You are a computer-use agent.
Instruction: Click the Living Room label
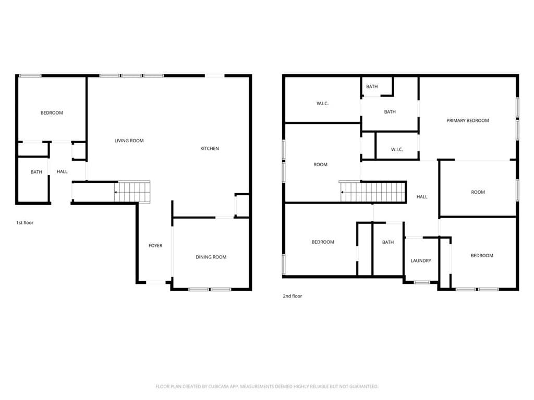[x=129, y=141]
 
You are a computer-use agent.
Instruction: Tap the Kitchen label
[x=210, y=148]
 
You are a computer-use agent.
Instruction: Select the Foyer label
[x=155, y=246]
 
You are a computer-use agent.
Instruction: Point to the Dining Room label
[x=211, y=257]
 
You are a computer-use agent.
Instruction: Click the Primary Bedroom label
[x=468, y=120]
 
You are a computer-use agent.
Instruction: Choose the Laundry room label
[x=421, y=260]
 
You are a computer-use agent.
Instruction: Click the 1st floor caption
[x=25, y=223]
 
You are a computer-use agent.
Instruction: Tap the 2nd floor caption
[x=292, y=296]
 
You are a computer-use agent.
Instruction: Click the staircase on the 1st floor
[x=132, y=192]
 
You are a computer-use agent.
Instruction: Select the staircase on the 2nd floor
[x=373, y=192]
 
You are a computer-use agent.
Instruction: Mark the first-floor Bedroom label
[x=52, y=113]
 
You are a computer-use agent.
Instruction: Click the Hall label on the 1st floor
[x=62, y=172]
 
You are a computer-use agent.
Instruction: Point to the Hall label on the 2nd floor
[x=421, y=196]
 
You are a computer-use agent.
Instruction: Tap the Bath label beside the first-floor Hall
[x=37, y=172]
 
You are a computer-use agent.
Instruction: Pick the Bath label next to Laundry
[x=388, y=242]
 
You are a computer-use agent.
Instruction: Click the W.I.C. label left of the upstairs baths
[x=322, y=104]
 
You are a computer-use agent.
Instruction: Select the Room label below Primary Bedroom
[x=478, y=192]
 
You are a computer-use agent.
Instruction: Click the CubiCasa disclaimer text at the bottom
[x=266, y=386]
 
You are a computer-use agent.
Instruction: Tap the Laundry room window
[x=422, y=282]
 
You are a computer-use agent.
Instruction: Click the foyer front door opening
[x=155, y=282]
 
